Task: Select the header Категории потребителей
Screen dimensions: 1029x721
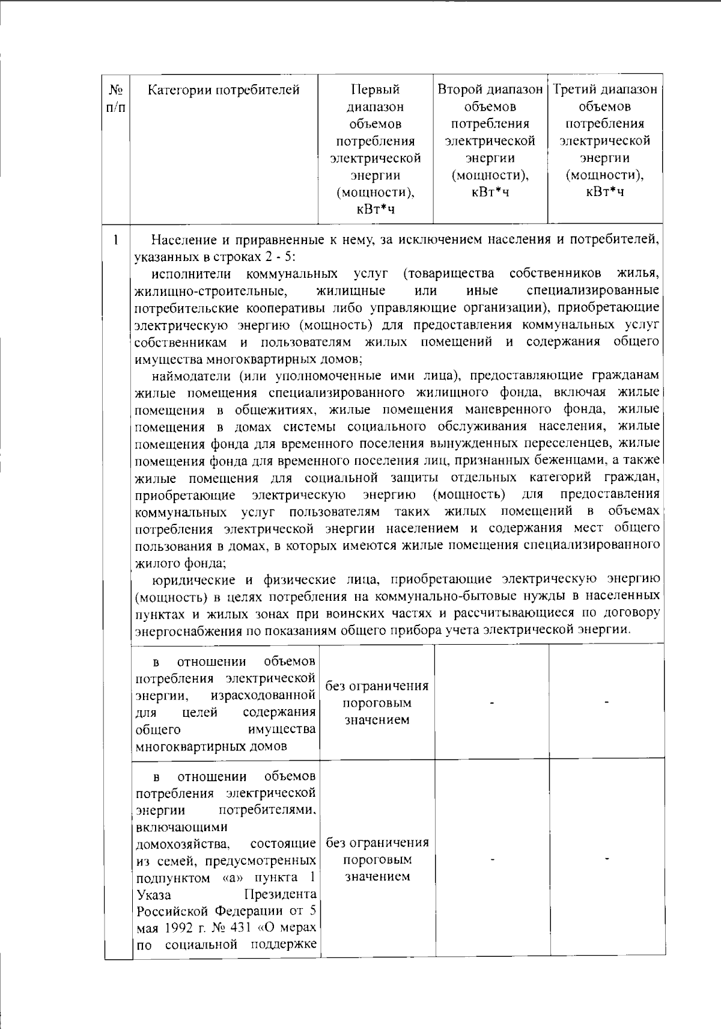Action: point(224,90)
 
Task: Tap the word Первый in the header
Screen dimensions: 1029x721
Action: point(375,90)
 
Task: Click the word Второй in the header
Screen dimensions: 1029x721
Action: point(460,90)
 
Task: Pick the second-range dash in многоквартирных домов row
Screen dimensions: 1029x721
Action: point(492,702)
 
